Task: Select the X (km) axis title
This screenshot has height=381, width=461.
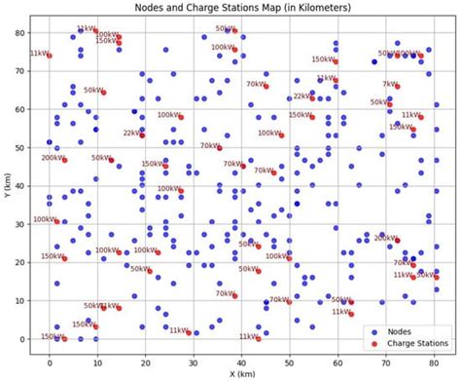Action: pyautogui.click(x=241, y=374)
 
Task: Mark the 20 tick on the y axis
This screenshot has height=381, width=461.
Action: pyautogui.click(x=30, y=262)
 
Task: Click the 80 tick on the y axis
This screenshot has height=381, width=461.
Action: pyautogui.click(x=30, y=32)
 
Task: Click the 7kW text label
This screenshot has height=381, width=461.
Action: pyautogui.click(x=388, y=84)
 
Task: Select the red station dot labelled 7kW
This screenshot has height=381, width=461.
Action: pyautogui.click(x=398, y=87)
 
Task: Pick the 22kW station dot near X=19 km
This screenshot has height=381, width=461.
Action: pyautogui.click(x=142, y=134)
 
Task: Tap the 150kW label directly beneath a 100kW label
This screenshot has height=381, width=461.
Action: pyautogui.click(x=107, y=41)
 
